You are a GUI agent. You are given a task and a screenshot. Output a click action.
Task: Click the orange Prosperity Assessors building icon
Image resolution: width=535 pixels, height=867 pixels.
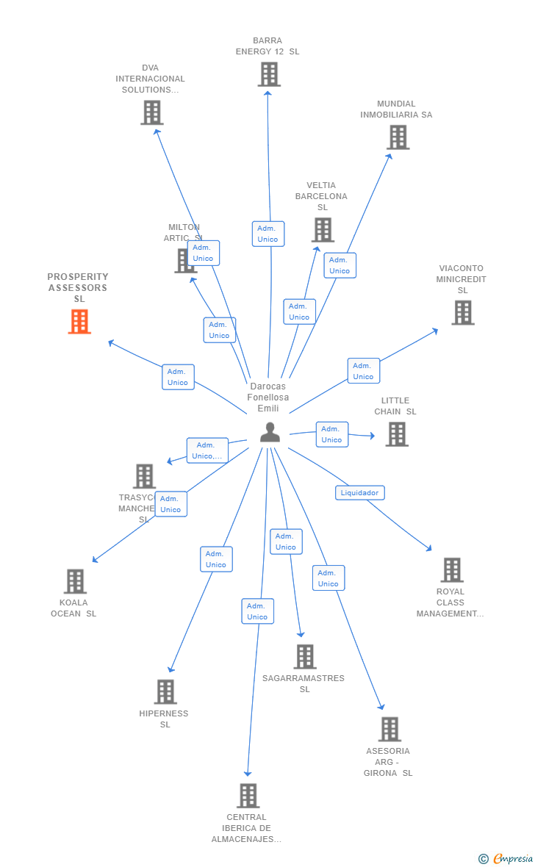[79, 322]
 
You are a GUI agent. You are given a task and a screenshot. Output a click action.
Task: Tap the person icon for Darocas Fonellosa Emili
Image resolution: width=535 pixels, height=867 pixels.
[270, 432]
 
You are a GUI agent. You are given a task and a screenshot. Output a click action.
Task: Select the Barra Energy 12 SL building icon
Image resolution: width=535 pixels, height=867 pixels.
[269, 74]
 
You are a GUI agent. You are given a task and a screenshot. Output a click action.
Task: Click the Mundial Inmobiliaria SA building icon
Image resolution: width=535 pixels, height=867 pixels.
[398, 137]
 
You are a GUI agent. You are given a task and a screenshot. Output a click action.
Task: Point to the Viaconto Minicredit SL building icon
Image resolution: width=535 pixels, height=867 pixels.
[462, 313]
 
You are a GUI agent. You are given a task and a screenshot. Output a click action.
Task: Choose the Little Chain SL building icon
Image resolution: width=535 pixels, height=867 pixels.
[397, 434]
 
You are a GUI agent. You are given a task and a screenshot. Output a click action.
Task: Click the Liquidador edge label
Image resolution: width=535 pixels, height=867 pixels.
[360, 493]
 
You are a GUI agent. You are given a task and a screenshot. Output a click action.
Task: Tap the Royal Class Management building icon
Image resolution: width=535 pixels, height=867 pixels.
[451, 570]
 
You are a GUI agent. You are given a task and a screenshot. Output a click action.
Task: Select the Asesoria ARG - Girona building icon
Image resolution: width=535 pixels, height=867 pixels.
[389, 730]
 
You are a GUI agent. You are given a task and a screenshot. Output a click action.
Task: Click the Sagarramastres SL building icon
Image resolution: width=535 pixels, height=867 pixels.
[304, 657]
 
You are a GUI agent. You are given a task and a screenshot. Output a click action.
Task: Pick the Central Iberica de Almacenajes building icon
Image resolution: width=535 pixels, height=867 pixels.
[248, 796]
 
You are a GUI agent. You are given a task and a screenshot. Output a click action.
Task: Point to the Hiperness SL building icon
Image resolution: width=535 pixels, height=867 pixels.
[165, 692]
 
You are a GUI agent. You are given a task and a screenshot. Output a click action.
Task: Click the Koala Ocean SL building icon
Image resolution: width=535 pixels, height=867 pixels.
[75, 581]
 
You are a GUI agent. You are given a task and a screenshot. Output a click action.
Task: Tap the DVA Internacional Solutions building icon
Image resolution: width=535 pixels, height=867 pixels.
[151, 112]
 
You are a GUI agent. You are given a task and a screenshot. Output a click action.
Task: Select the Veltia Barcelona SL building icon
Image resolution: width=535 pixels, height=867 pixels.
[323, 230]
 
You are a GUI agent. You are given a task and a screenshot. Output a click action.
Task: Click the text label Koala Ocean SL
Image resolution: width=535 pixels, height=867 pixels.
[73, 608]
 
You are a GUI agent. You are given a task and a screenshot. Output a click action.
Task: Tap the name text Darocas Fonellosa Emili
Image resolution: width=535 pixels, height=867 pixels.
[267, 397]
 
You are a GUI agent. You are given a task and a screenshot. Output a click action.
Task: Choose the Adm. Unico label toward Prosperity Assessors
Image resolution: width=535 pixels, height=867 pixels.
[178, 377]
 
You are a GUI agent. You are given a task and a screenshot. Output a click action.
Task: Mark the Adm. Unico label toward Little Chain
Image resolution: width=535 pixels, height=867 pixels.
[331, 434]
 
